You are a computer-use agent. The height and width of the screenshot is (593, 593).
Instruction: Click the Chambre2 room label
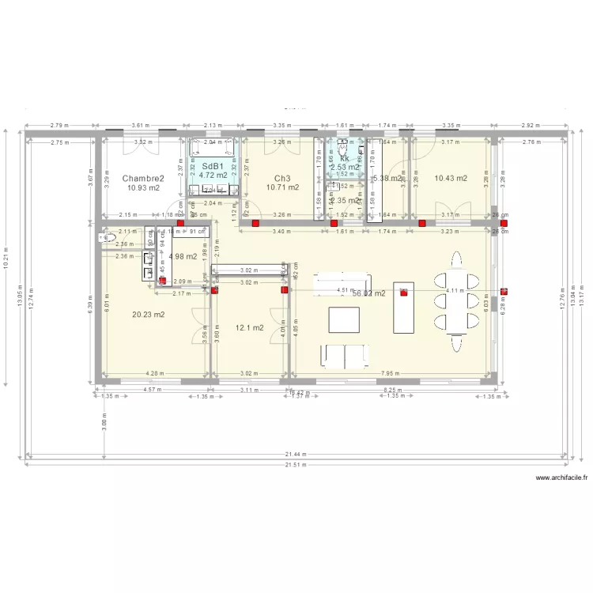[x=142, y=179]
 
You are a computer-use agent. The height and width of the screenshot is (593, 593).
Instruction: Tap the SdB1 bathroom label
[x=212, y=166]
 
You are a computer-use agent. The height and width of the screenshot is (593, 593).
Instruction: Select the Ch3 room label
[x=282, y=178]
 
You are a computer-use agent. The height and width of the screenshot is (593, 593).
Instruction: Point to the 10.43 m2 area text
[x=451, y=178]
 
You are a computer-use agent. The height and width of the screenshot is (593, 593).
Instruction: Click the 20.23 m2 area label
[x=149, y=315]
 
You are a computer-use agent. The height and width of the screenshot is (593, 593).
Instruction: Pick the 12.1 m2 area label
[x=249, y=327]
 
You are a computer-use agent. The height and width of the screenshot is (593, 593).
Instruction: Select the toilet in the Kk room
[x=344, y=146]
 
